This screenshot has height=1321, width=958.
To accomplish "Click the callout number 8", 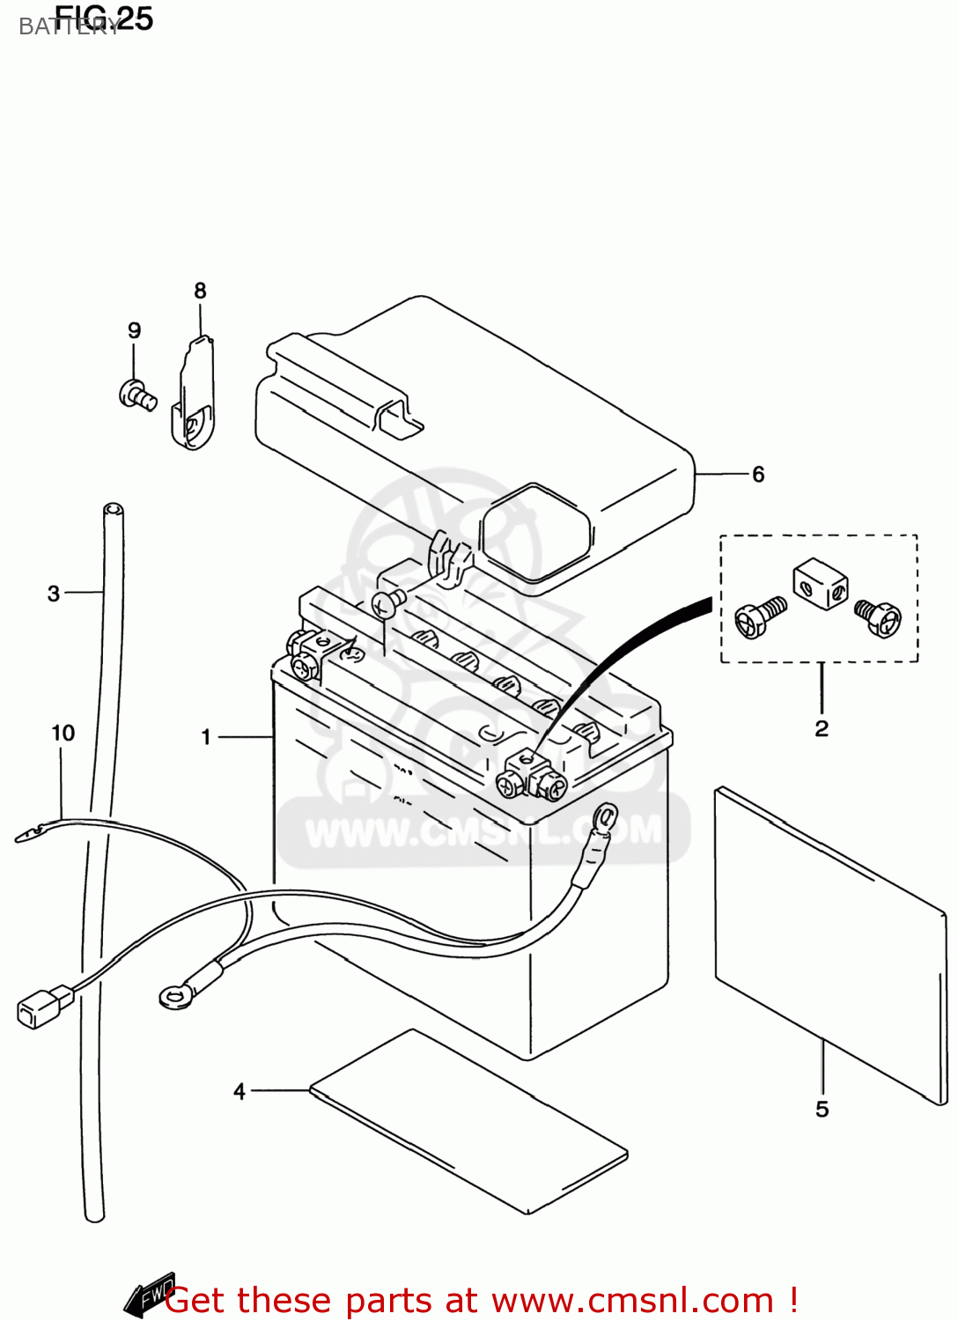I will click(x=200, y=291).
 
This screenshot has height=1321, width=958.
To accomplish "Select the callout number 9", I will click(x=134, y=330).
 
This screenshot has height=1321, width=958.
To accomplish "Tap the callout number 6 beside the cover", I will click(x=758, y=475).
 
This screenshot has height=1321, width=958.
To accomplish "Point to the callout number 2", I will click(x=822, y=728).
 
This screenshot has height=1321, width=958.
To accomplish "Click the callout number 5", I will click(x=822, y=1109).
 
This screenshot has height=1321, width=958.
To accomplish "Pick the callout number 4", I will click(x=239, y=1091).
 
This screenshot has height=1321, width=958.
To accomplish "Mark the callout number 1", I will click(x=206, y=736).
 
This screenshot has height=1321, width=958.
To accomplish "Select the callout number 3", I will click(x=54, y=594).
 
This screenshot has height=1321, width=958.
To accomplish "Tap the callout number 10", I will click(x=63, y=733).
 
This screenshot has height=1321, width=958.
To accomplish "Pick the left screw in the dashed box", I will click(x=758, y=617).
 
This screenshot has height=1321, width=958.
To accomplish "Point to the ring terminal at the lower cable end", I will click(x=177, y=995).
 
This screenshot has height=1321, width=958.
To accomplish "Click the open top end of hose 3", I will click(x=113, y=510).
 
